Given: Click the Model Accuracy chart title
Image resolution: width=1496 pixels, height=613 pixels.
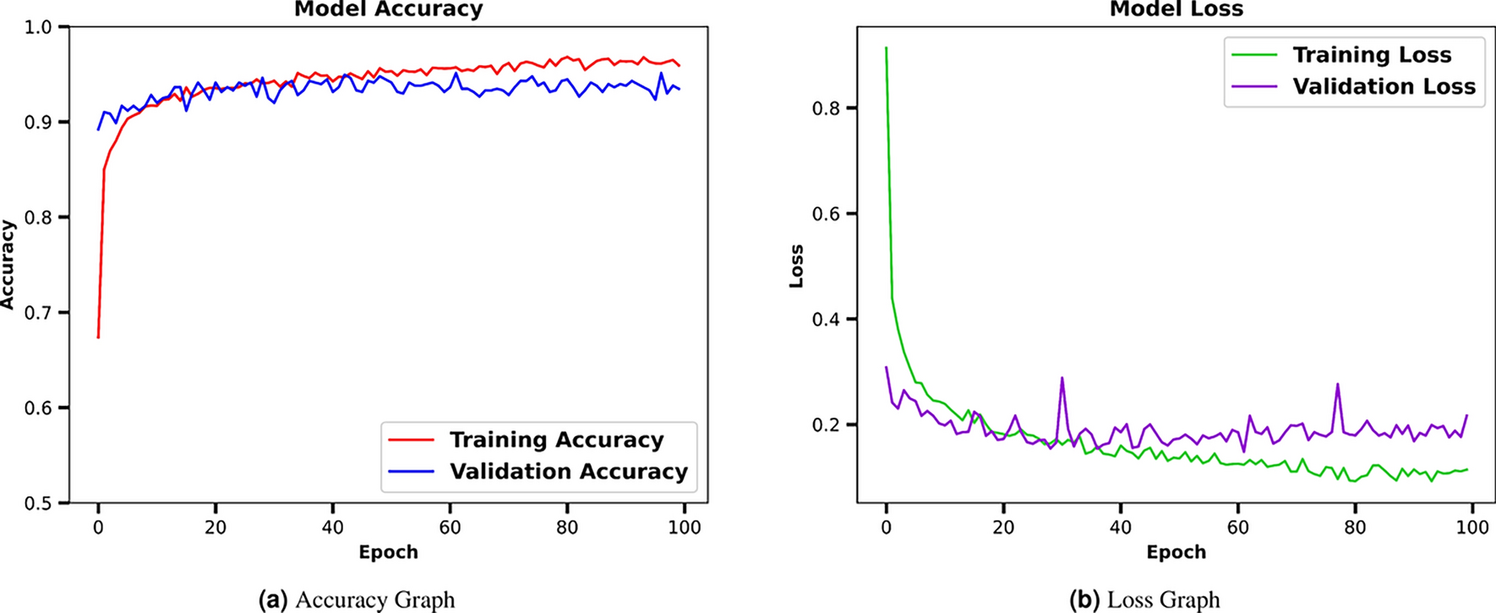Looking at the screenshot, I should (x=388, y=9).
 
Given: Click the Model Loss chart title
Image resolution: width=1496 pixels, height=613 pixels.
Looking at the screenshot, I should (x=1176, y=9).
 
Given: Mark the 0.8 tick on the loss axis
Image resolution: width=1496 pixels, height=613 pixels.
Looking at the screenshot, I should (x=830, y=108).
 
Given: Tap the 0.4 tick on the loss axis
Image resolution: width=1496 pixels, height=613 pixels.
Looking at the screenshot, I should (x=830, y=320).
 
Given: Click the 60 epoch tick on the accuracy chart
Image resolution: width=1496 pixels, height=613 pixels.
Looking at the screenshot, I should (x=450, y=528).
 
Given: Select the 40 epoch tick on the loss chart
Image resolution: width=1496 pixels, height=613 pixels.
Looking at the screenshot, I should (x=1120, y=528).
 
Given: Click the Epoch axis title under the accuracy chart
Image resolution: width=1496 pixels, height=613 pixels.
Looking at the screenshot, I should (x=388, y=552).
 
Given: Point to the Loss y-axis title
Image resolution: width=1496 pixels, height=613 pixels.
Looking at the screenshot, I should (x=796, y=265).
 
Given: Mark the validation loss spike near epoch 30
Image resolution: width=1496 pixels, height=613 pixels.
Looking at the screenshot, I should (x=1062, y=379).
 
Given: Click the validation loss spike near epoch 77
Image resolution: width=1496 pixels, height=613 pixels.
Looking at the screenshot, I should (x=1337, y=385).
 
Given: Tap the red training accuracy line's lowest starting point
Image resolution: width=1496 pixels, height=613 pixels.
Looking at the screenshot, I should (x=98, y=337).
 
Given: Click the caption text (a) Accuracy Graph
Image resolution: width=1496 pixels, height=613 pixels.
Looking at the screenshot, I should (x=356, y=599).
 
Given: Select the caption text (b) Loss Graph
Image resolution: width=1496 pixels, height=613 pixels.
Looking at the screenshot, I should (x=1144, y=599).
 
